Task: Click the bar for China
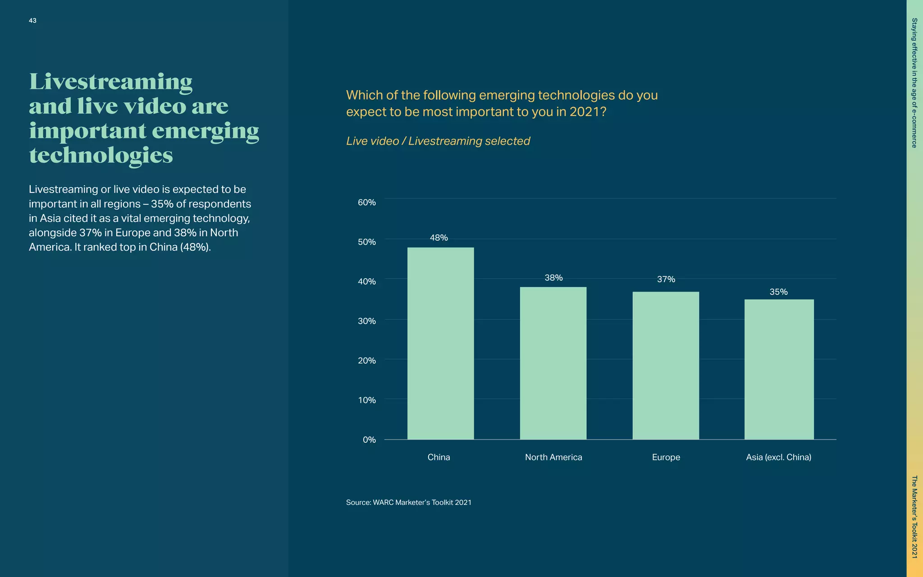point(440,343)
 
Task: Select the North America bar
point(553,363)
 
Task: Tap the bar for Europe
point(666,365)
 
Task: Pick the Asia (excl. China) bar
point(779,369)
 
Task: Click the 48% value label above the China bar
point(439,238)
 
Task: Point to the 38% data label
point(553,278)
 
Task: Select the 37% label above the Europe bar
point(666,279)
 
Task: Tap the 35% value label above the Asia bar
point(778,292)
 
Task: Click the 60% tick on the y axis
point(366,202)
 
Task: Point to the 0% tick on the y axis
point(369,440)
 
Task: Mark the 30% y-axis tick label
point(366,321)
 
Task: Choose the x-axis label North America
point(553,457)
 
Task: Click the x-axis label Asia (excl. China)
point(778,457)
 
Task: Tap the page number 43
point(32,21)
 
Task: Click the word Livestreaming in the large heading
point(111,82)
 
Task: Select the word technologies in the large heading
point(101,156)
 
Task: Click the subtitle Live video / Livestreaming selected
point(438,141)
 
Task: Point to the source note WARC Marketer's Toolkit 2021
point(408,502)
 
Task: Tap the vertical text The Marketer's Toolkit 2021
point(914,517)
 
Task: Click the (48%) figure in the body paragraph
point(195,247)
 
